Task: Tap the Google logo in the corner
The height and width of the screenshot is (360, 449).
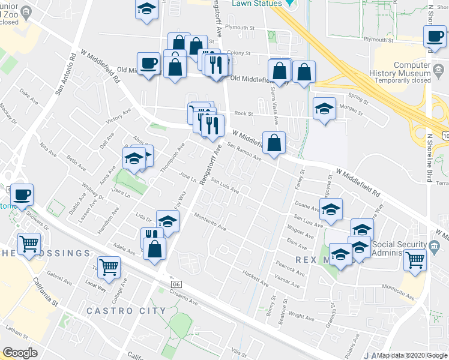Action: click(20, 352)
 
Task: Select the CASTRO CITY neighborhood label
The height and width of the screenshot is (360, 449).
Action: click(126, 311)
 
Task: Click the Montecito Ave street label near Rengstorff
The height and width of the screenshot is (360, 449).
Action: click(209, 223)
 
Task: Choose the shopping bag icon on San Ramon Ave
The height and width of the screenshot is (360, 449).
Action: click(274, 143)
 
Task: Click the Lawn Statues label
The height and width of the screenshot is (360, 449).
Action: click(257, 4)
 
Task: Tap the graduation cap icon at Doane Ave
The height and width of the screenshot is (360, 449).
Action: click(331, 209)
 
